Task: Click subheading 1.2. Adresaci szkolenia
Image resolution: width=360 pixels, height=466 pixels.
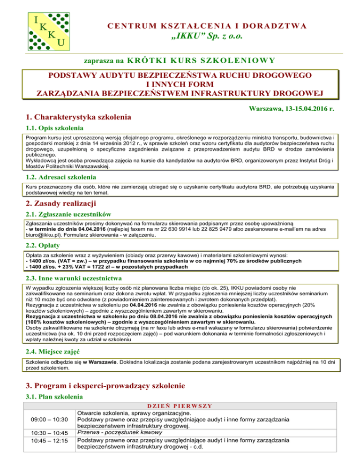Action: click(x=61, y=178)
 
